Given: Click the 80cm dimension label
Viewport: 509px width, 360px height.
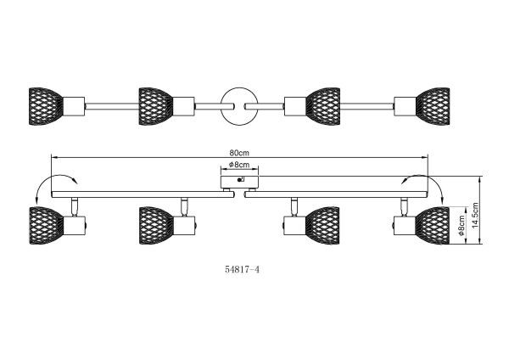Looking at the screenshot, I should [x=237, y=153].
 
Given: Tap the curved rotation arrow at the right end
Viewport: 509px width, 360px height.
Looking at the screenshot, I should [x=421, y=179].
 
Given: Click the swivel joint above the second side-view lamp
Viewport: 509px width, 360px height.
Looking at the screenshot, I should [x=183, y=204].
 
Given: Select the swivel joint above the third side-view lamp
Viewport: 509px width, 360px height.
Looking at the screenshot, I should [x=293, y=204].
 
